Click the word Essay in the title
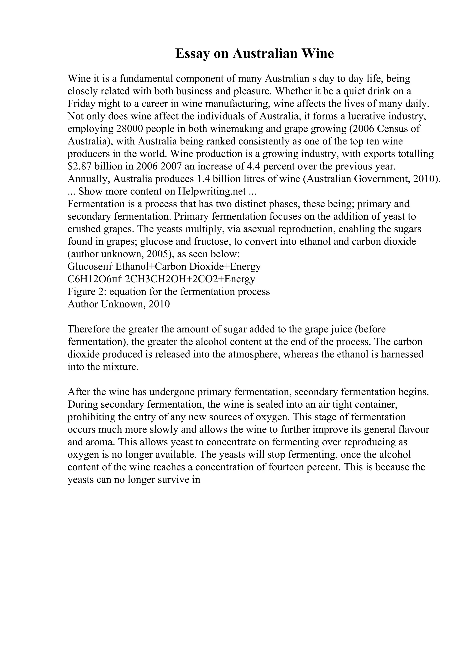pyautogui.click(x=193, y=54)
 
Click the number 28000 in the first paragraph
pyautogui.click(x=131, y=129)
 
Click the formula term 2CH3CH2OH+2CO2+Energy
pyautogui.click(x=190, y=279)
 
